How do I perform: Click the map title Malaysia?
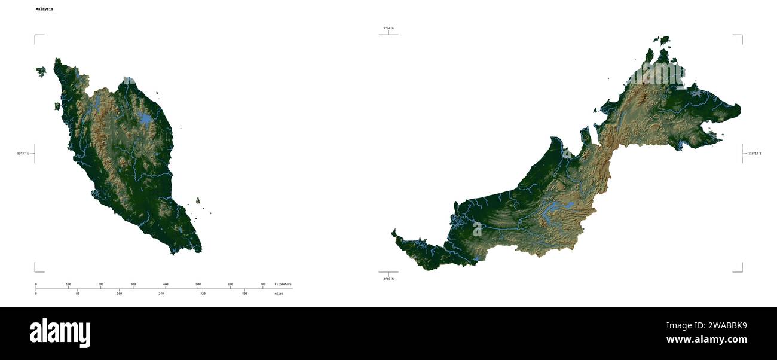pos(44,10)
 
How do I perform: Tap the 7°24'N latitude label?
pos(389,28)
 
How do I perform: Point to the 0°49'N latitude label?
pos(389,279)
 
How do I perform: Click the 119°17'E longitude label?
pos(755,154)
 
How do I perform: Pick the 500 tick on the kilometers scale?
pos(198,285)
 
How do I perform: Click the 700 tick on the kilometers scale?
pos(263,285)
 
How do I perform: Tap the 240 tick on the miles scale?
pos(161,294)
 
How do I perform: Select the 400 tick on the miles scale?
pos(244,294)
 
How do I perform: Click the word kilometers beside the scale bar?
pos(283,284)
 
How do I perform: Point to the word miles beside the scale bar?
pos(279,294)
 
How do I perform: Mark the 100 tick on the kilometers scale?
pos(68,285)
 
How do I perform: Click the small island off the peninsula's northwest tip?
pos(41,72)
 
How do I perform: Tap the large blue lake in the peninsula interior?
pos(145,118)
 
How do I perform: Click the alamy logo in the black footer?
pos(60,332)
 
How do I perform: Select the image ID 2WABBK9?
pos(706,326)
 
